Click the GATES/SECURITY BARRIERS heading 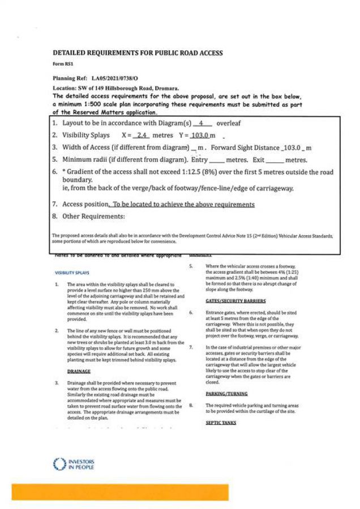(232, 301)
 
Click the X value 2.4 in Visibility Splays (143, 136)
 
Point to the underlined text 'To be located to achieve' (147, 204)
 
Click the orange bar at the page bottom (120, 492)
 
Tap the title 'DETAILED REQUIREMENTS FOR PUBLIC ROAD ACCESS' (138, 53)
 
